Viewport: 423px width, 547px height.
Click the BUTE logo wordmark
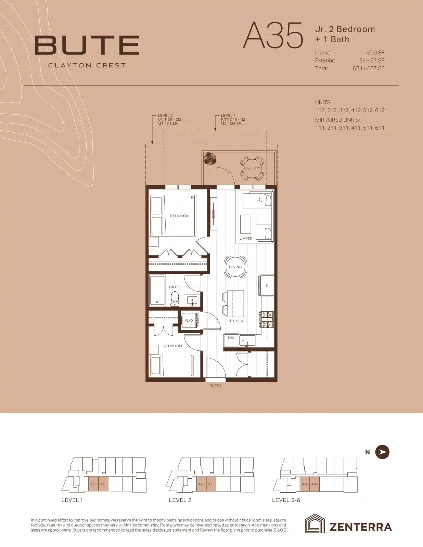87,45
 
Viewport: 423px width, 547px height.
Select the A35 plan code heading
273,35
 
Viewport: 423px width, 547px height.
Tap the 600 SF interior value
376,53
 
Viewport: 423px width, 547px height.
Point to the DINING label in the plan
235,267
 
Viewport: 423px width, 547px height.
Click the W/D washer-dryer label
189,320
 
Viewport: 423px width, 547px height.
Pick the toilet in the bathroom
175,299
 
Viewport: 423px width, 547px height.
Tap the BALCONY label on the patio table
252,168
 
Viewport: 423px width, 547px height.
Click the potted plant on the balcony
210,158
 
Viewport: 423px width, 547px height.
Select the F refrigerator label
267,286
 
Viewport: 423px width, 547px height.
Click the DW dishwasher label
231,338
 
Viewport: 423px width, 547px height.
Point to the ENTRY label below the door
215,386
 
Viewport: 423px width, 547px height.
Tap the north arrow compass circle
382,452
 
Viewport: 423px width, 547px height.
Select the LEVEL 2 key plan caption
180,500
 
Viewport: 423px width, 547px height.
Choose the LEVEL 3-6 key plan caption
286,500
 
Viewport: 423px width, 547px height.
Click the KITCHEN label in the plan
235,321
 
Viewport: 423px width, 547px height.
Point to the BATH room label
174,287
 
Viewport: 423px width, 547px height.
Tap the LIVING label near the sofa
245,238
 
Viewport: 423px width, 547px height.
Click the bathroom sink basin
192,300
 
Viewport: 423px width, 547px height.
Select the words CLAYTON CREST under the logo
87,65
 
